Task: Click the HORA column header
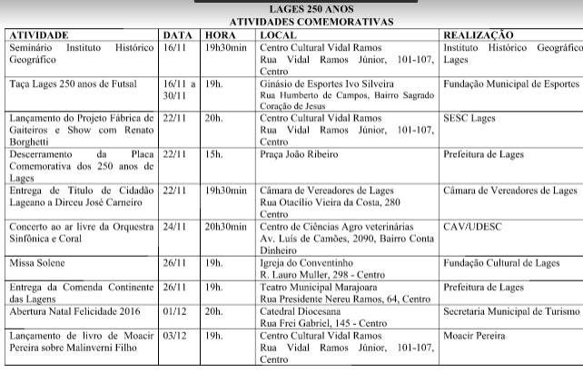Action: tap(221, 34)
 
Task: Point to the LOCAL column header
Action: tap(278, 34)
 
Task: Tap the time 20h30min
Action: tap(228, 226)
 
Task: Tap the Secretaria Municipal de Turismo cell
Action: tap(510, 310)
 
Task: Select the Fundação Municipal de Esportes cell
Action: tap(509, 83)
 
